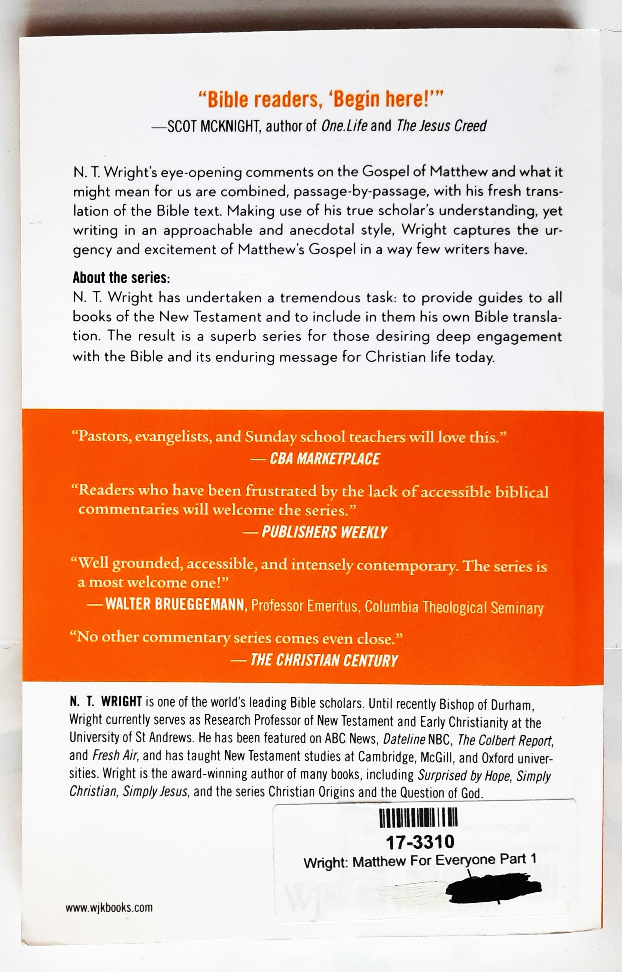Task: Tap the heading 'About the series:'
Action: tap(122, 278)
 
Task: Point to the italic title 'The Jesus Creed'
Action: tap(441, 127)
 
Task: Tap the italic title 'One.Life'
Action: tap(344, 127)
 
